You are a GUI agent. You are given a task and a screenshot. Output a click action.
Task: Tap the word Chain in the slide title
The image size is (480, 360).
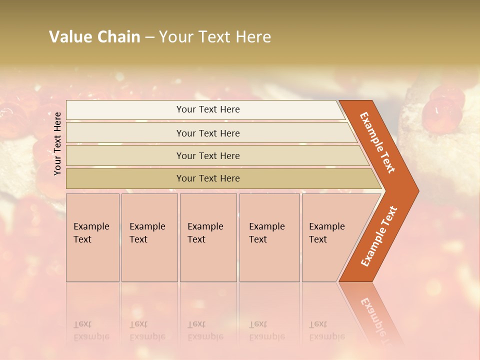(x=118, y=37)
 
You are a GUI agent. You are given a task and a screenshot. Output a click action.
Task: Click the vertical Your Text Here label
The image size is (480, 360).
(x=57, y=143)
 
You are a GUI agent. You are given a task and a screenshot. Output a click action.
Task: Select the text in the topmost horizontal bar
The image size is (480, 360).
(x=208, y=109)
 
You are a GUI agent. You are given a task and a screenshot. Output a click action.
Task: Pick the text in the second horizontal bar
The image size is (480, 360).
(x=208, y=133)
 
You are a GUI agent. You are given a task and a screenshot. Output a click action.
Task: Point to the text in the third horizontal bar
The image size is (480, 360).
(x=208, y=156)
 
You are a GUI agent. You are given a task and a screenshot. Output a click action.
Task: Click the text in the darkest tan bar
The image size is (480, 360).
(x=208, y=178)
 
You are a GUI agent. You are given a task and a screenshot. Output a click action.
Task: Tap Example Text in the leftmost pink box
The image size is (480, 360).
(x=91, y=233)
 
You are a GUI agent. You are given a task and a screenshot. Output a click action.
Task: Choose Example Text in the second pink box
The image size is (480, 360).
(x=147, y=233)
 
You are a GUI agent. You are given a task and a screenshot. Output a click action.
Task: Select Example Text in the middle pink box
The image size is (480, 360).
(x=205, y=233)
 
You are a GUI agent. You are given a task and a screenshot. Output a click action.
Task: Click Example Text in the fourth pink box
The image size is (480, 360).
(x=266, y=233)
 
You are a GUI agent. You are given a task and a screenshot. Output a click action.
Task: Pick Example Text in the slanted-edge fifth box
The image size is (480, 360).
(x=326, y=233)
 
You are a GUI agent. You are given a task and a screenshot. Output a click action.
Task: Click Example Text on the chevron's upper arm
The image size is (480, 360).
(x=377, y=142)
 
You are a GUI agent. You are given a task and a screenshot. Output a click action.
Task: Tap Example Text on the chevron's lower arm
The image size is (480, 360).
(x=379, y=236)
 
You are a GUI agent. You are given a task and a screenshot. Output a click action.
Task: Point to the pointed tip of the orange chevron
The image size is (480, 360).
(x=417, y=191)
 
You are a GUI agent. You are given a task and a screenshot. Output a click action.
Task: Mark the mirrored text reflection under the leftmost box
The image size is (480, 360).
(x=91, y=330)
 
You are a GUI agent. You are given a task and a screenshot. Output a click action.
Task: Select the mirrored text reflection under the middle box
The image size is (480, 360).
(x=205, y=330)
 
